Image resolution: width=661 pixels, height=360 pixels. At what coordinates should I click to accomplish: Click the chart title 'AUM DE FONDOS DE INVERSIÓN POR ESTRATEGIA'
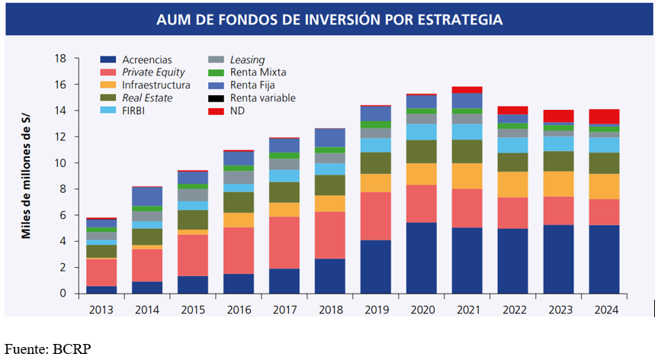(x=329, y=19)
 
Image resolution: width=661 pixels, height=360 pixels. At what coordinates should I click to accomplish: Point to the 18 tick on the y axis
(x=62, y=59)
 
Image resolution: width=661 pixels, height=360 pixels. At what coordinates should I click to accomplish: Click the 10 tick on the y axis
(x=62, y=163)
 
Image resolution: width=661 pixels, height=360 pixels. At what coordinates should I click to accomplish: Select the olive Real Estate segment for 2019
(x=374, y=163)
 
